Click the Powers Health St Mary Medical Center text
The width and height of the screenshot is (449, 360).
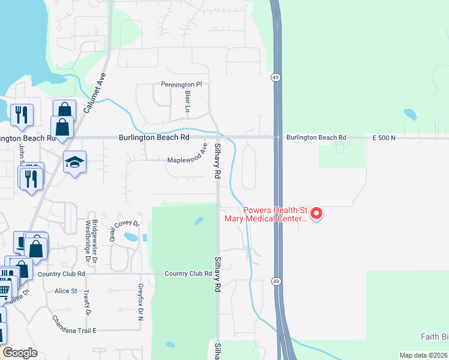coord(275,215)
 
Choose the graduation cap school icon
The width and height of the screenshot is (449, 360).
coord(75,162)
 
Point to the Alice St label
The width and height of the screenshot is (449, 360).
coord(66,291)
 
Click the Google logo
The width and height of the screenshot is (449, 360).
coord(20,353)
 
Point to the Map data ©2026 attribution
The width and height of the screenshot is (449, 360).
coord(423,355)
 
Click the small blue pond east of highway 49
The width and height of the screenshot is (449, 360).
coord(410,114)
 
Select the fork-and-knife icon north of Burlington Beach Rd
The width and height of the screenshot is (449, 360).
coord(22,115)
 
